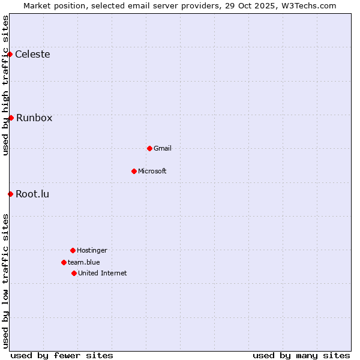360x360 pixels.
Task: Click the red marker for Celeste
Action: (10, 55)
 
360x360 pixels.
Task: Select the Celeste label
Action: (32, 55)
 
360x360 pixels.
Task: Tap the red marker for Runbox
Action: (11, 118)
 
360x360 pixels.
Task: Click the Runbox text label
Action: (34, 118)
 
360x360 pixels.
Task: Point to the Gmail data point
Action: (149, 148)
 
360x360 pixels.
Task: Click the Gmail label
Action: (163, 148)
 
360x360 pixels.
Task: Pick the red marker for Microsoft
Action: (134, 171)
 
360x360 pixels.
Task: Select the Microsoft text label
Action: (152, 171)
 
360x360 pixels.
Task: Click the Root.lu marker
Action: (10, 194)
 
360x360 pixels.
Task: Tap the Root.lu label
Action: (32, 194)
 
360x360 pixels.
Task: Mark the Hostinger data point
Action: (73, 250)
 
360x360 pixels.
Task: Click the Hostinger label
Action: (92, 250)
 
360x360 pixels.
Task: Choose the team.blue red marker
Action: (64, 262)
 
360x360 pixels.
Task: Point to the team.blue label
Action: (84, 262)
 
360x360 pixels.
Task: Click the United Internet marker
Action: (74, 273)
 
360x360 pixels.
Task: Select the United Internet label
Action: (103, 273)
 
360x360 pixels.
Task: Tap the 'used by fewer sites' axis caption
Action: (62, 355)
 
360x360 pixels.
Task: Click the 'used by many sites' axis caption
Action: (301, 355)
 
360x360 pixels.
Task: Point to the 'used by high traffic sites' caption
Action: (5, 85)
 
